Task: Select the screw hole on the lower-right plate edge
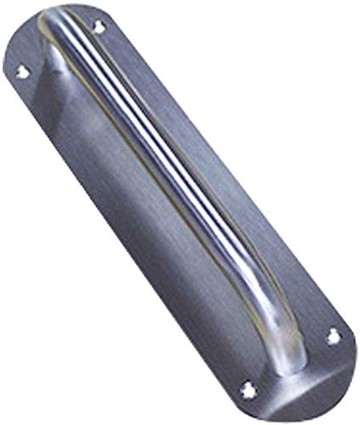[333, 337]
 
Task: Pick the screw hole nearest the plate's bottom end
[249, 390]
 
